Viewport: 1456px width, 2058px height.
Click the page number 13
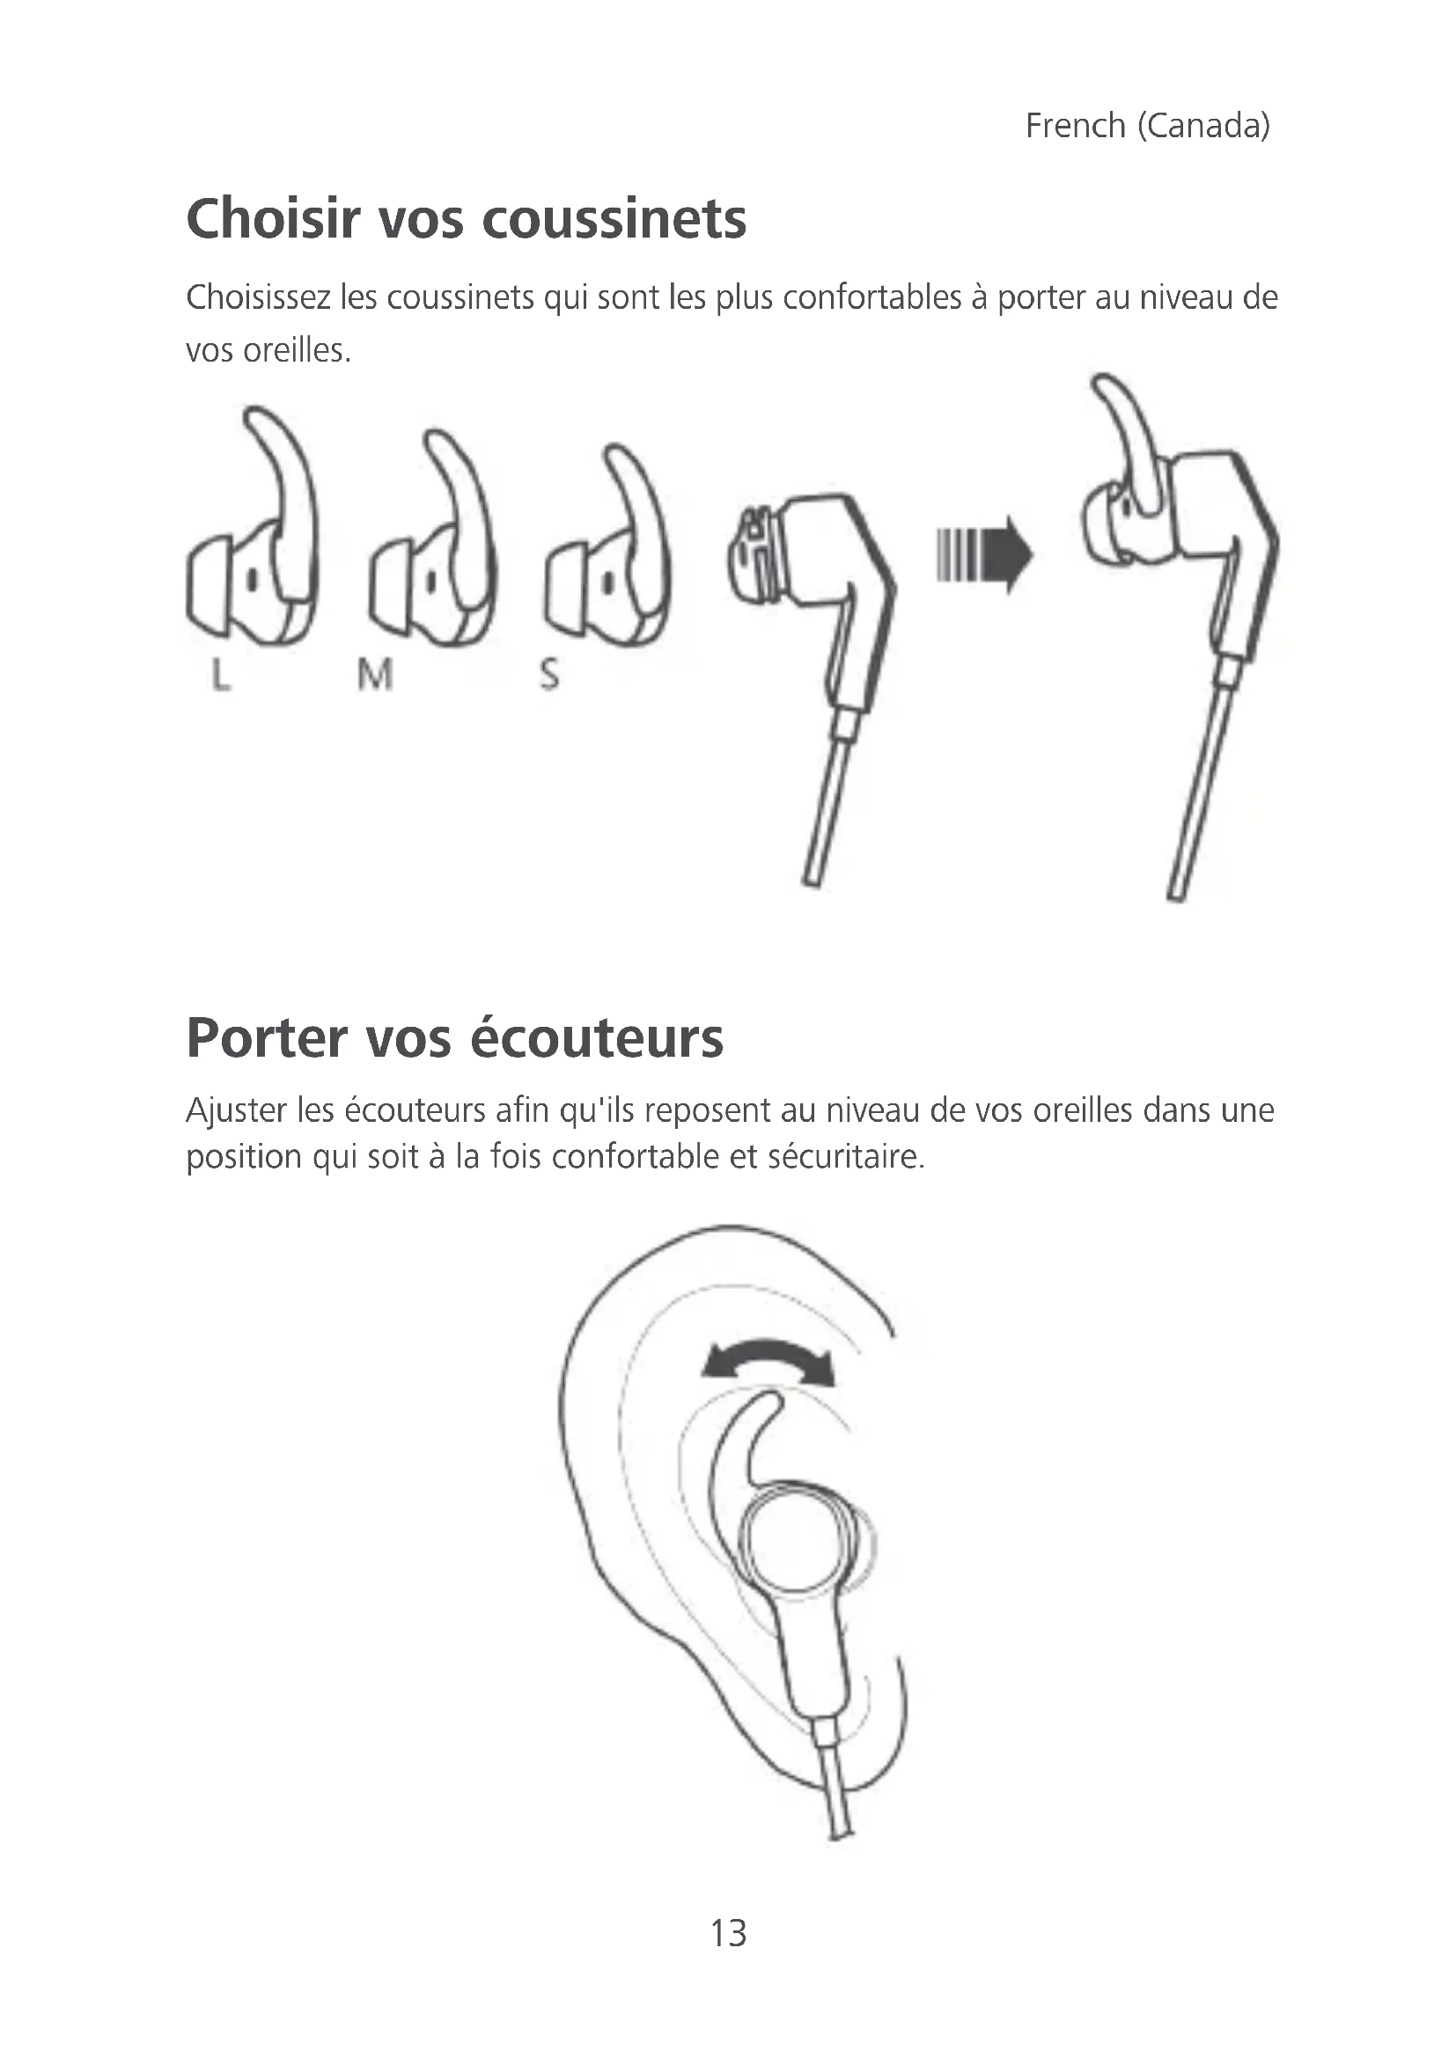[x=728, y=1934]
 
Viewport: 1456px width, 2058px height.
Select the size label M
[x=375, y=674]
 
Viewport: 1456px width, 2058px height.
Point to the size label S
[x=549, y=674]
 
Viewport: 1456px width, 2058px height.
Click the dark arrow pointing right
[x=984, y=556]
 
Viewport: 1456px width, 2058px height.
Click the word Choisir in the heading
[x=273, y=219]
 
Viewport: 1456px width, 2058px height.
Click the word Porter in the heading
[x=266, y=1039]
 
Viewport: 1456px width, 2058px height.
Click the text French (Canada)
[x=1148, y=127]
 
